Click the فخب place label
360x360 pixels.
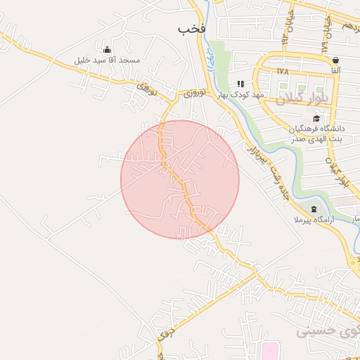191,29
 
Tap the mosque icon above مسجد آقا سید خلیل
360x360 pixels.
107,49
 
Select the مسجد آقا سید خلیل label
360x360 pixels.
107,60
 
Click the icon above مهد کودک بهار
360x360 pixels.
240,84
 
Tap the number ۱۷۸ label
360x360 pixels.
283,72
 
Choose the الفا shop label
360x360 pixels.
335,71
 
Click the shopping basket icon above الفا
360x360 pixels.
335,60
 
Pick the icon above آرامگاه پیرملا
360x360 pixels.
313,210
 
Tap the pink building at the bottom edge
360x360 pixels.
269,351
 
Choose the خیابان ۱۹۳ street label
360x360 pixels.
289,28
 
